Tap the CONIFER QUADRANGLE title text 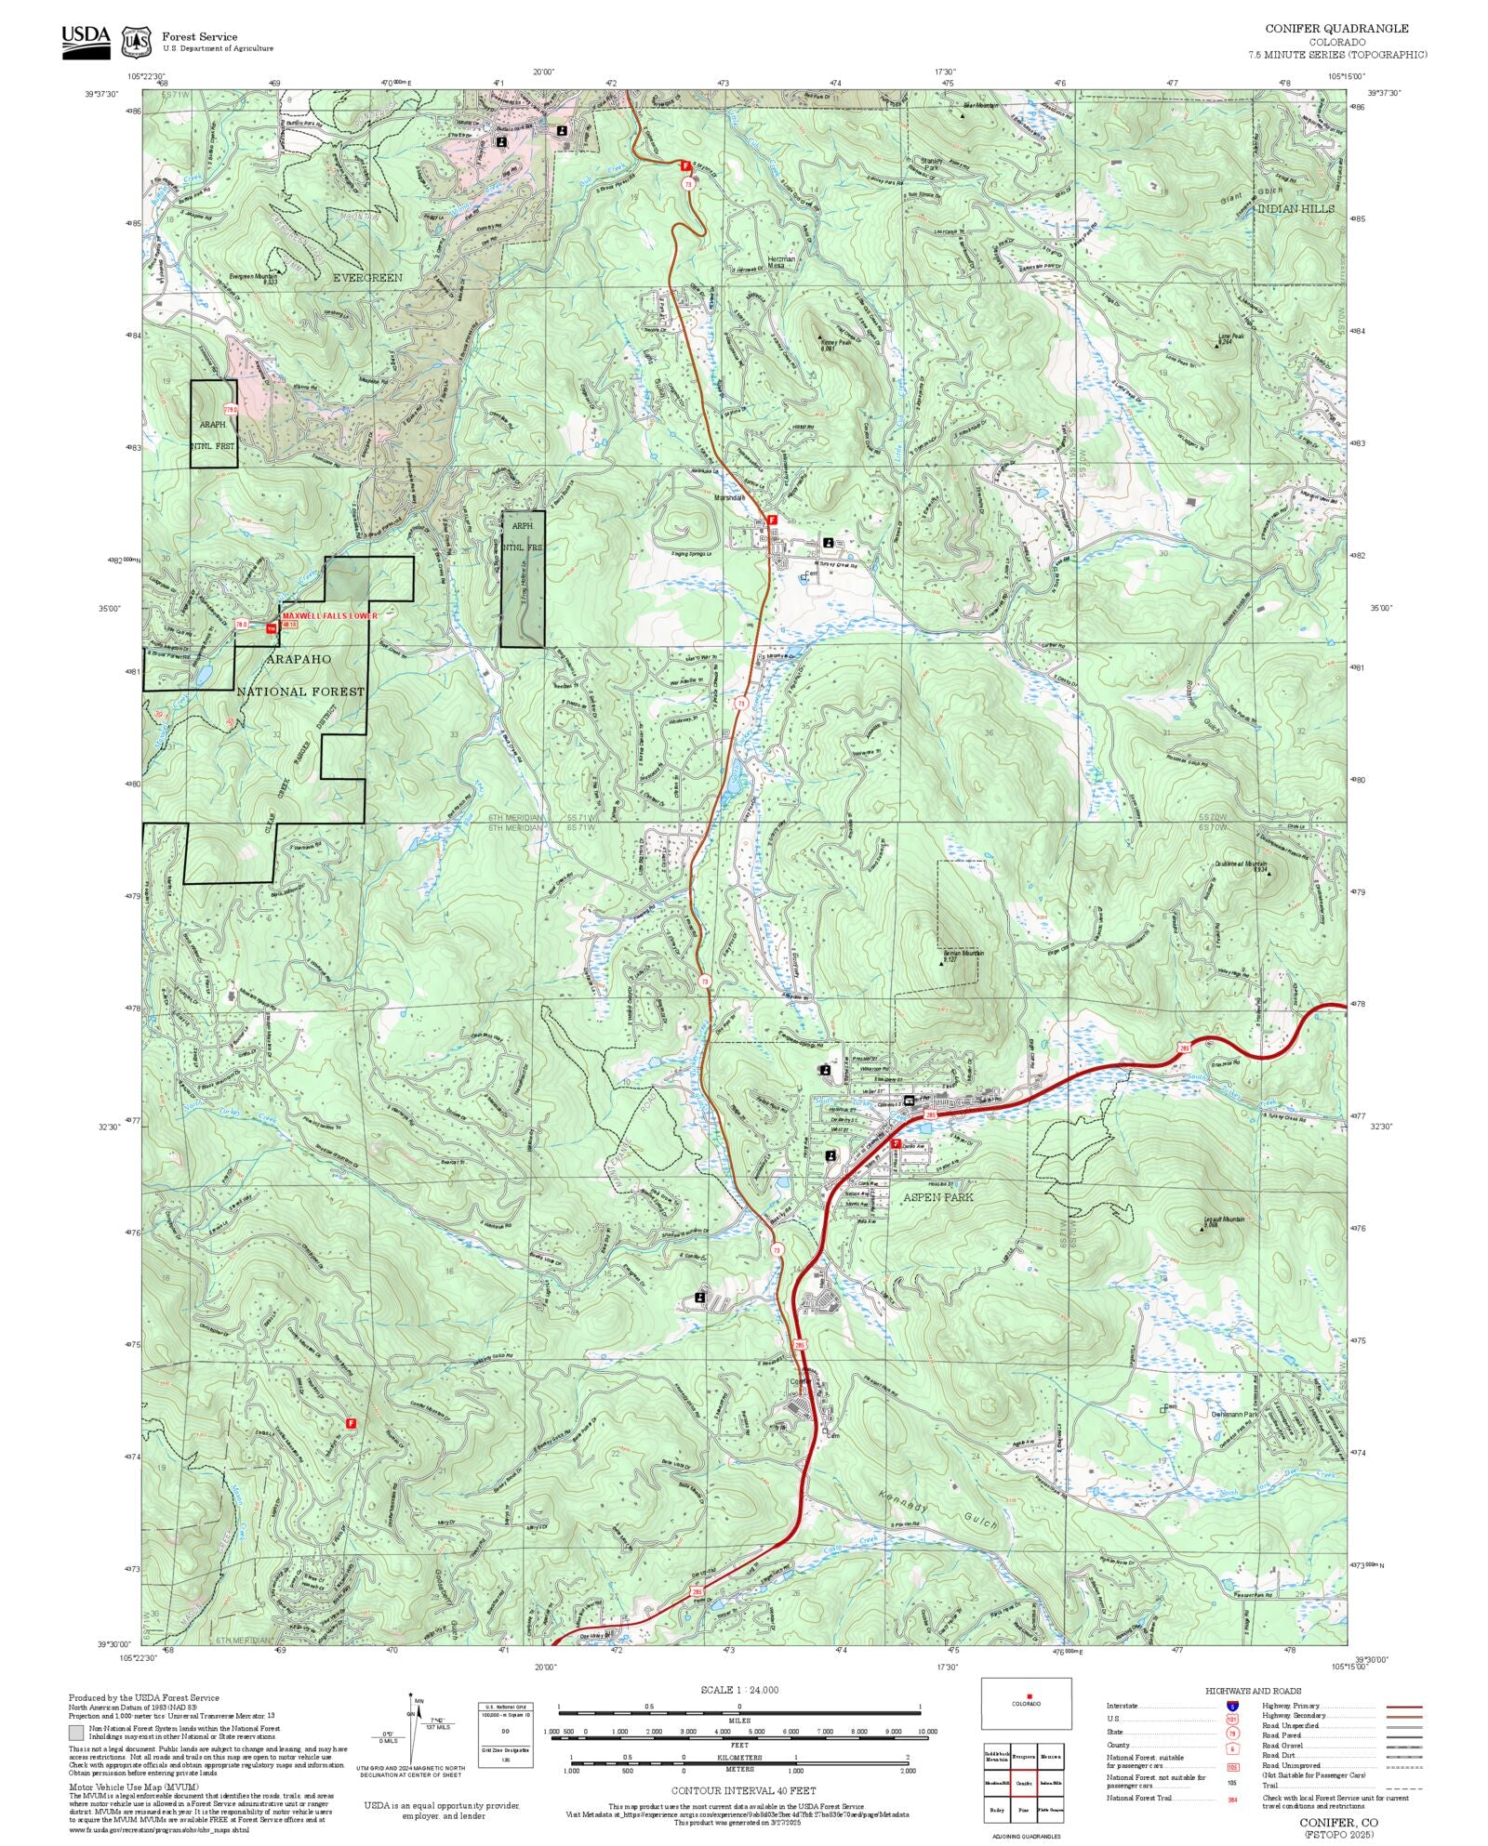tap(1336, 29)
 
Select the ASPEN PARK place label tap(937, 1197)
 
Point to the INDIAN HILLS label tap(1295, 208)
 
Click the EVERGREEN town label tap(367, 278)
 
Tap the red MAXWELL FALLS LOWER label tap(330, 615)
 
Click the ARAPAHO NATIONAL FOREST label tap(299, 675)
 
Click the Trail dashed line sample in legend tap(1403, 1786)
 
